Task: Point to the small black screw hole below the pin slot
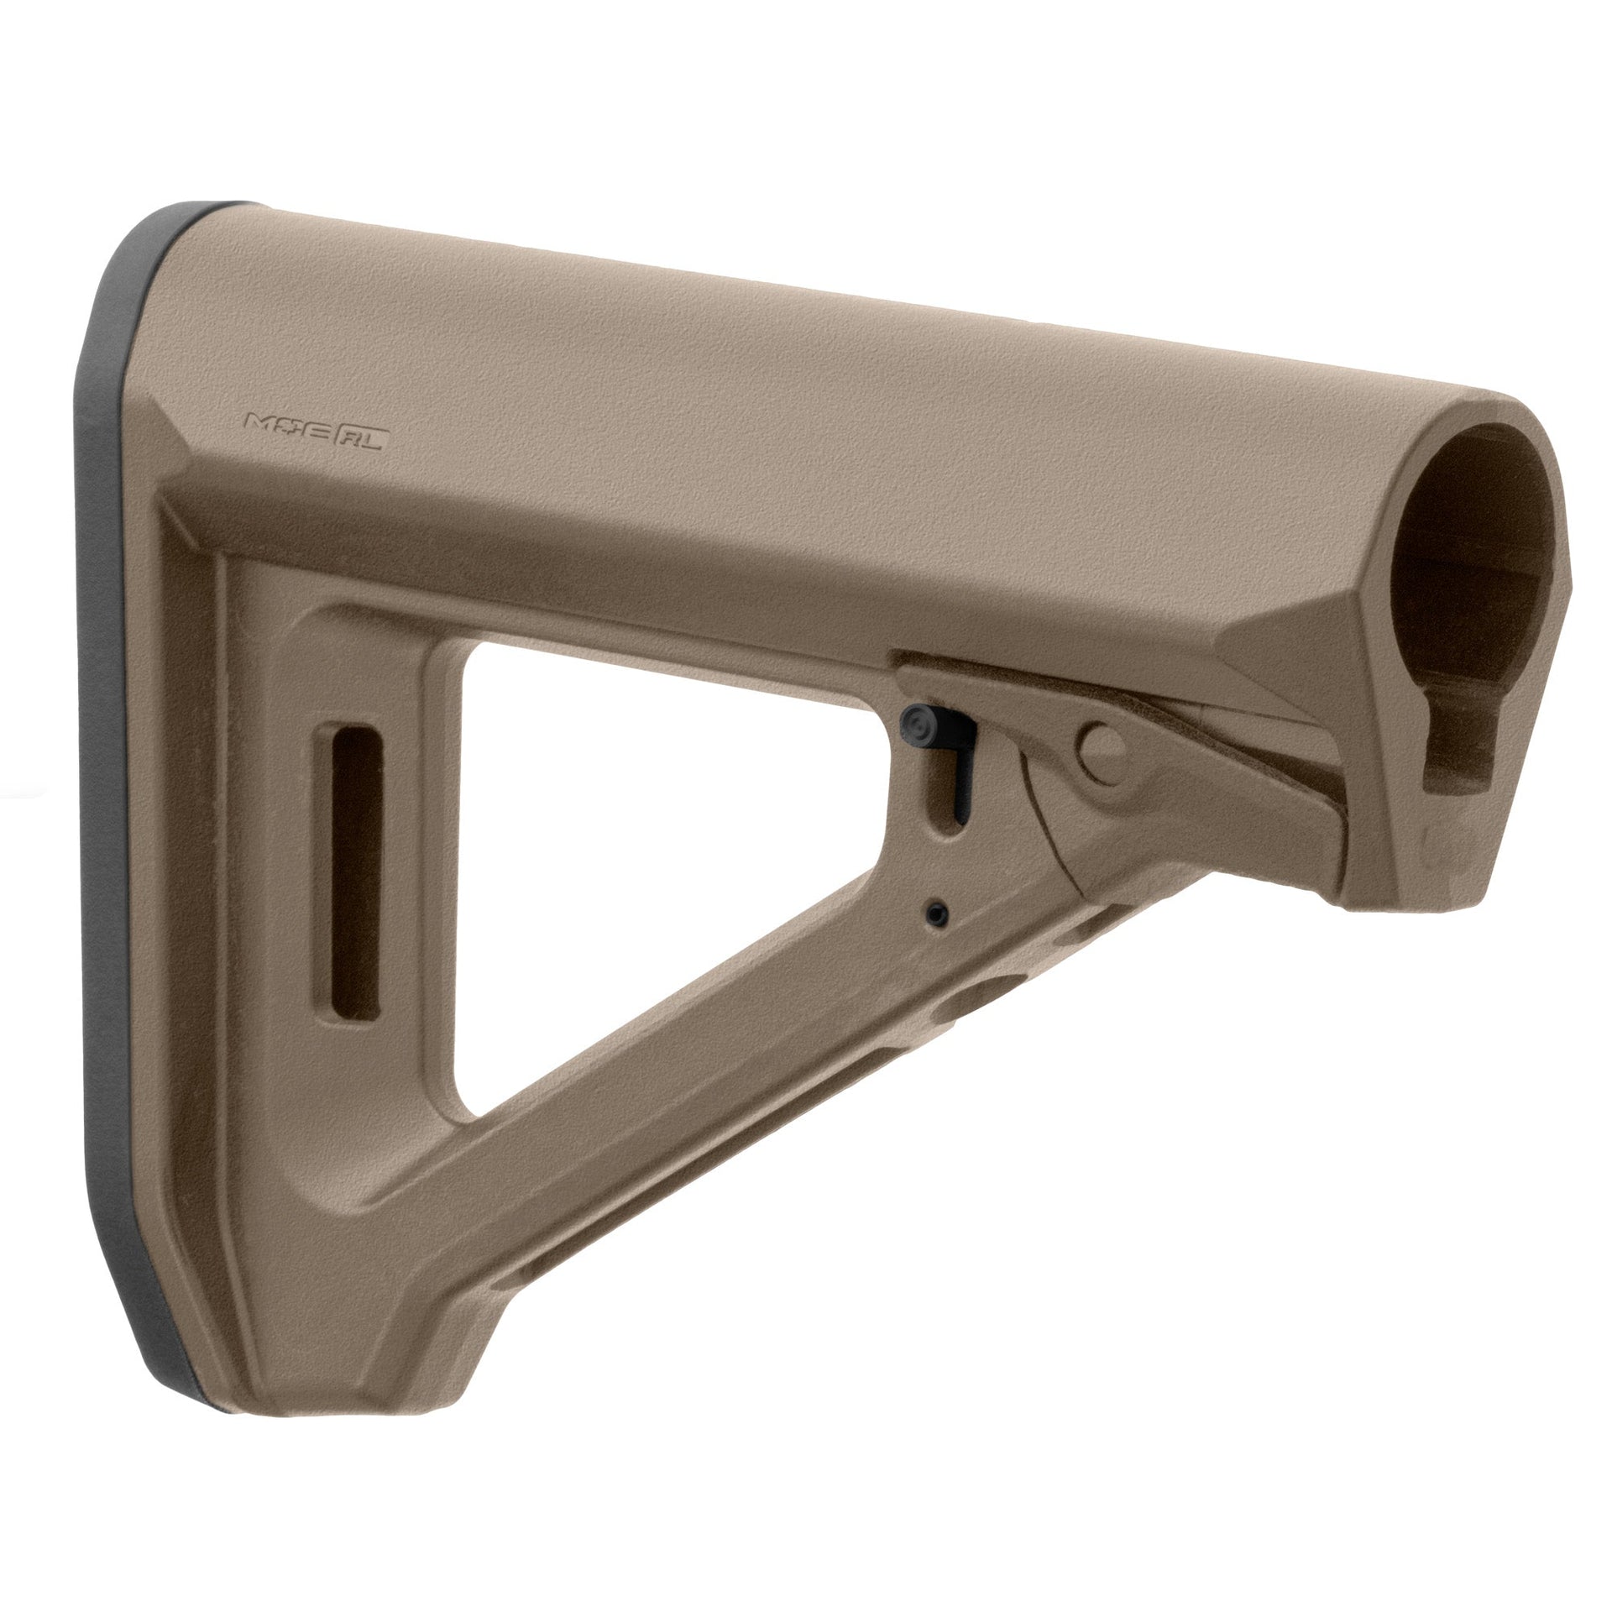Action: pos(936,913)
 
